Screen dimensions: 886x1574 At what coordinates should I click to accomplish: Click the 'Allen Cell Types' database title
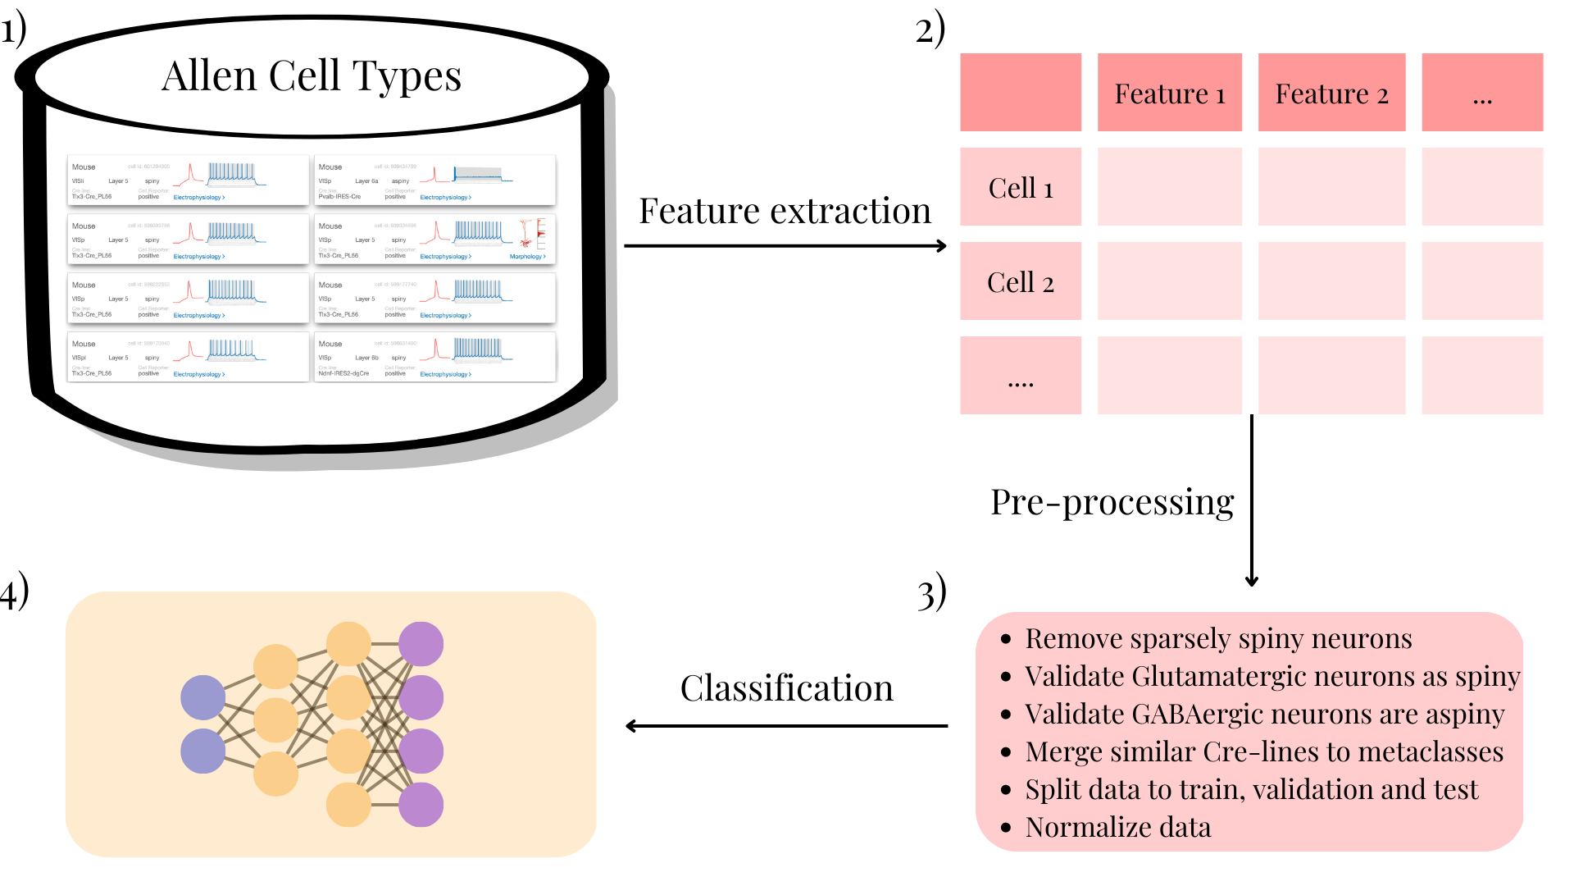(x=312, y=75)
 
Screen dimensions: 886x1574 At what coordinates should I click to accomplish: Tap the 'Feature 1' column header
(x=1169, y=94)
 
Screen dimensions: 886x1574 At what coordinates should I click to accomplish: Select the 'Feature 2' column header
(x=1331, y=94)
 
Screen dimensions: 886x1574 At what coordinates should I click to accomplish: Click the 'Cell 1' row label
(x=1021, y=188)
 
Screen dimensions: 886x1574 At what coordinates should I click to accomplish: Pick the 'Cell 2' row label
(x=1021, y=282)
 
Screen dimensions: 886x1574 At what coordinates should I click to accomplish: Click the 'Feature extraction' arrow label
(x=785, y=211)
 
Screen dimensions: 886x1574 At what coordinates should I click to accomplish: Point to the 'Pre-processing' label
(x=1112, y=502)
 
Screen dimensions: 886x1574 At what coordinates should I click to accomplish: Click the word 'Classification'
(x=786, y=687)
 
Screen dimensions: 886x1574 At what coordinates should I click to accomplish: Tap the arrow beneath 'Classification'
(x=786, y=726)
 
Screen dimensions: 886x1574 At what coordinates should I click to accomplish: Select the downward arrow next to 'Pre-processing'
(x=1251, y=500)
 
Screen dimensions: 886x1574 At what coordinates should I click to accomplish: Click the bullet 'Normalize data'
(x=1117, y=827)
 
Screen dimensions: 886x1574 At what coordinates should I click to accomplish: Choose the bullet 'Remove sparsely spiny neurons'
(x=1218, y=638)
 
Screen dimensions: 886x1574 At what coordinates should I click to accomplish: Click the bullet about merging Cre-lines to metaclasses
(x=1263, y=751)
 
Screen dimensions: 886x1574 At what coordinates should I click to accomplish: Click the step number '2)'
(x=930, y=30)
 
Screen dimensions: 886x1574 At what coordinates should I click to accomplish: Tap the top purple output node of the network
(x=421, y=644)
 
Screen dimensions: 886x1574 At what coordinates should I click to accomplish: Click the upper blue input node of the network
(x=202, y=697)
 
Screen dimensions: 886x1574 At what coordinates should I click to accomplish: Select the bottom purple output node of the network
(x=421, y=804)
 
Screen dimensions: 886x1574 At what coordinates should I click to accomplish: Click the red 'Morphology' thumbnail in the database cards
(x=532, y=234)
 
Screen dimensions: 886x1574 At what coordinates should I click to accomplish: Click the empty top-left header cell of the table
(x=1021, y=93)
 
